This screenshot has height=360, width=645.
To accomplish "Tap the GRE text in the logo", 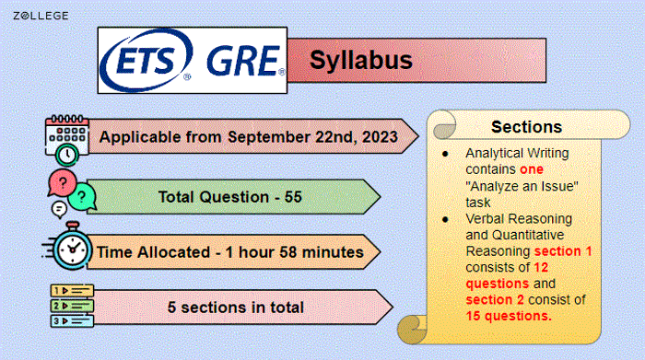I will pyautogui.click(x=242, y=60).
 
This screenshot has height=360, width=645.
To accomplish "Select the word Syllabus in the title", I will pyautogui.click(x=360, y=61).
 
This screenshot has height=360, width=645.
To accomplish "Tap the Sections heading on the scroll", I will pyautogui.click(x=526, y=126).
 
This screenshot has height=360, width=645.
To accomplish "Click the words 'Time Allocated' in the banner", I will pyautogui.click(x=153, y=250).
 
